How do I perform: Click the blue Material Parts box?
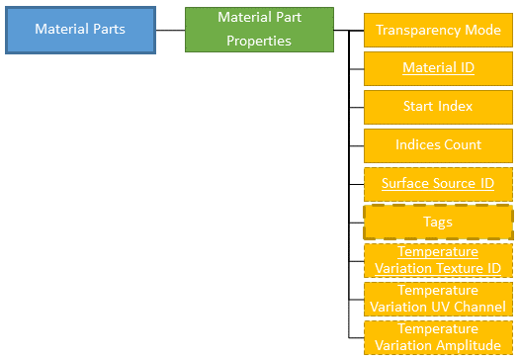point(80,29)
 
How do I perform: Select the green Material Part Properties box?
point(259,29)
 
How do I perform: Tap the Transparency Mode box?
point(438,30)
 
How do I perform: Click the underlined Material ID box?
point(438,68)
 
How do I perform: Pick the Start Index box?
point(438,106)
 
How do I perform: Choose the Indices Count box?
point(438,144)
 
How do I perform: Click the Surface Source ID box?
point(438,183)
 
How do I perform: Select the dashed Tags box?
point(438,222)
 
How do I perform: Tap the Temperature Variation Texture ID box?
point(438,260)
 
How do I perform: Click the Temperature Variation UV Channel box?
point(438,299)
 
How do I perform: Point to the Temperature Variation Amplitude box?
point(438,336)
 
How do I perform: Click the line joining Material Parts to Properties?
point(170,30)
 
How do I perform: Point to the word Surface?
point(406,183)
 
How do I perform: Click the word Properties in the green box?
point(259,41)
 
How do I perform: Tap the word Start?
point(420,106)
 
